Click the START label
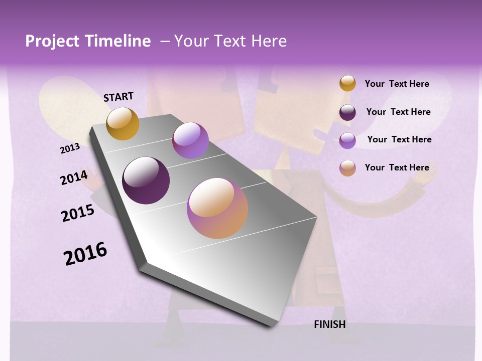click(x=118, y=97)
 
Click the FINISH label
click(x=330, y=324)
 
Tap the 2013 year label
click(x=70, y=148)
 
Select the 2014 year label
click(x=74, y=177)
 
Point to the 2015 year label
click(x=78, y=213)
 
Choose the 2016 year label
click(x=85, y=253)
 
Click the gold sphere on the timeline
click(x=123, y=123)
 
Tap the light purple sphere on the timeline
click(x=190, y=140)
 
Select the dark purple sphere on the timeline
click(x=146, y=180)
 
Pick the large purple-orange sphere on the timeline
click(x=217, y=208)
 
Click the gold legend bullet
click(x=347, y=83)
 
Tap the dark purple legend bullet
click(x=347, y=112)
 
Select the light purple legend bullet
click(x=347, y=140)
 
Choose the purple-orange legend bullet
click(x=347, y=168)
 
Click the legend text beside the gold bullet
click(x=397, y=84)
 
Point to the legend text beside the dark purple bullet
click(x=398, y=112)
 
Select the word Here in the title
click(x=269, y=41)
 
